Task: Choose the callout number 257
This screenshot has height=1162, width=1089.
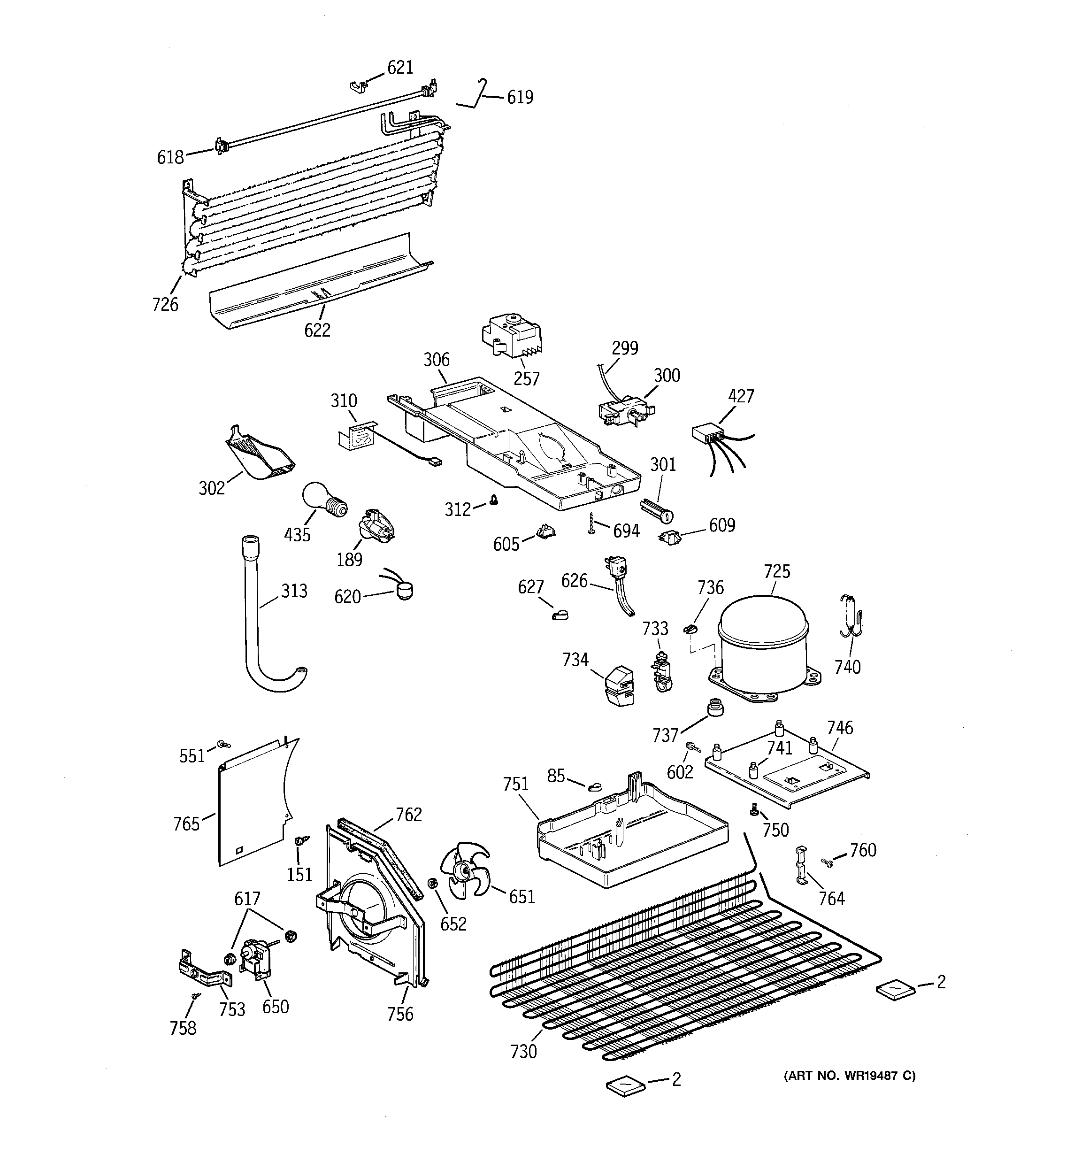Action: click(x=526, y=379)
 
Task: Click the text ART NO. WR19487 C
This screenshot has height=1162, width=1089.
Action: click(x=849, y=1076)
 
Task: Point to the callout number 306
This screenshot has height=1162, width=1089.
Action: click(x=436, y=360)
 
